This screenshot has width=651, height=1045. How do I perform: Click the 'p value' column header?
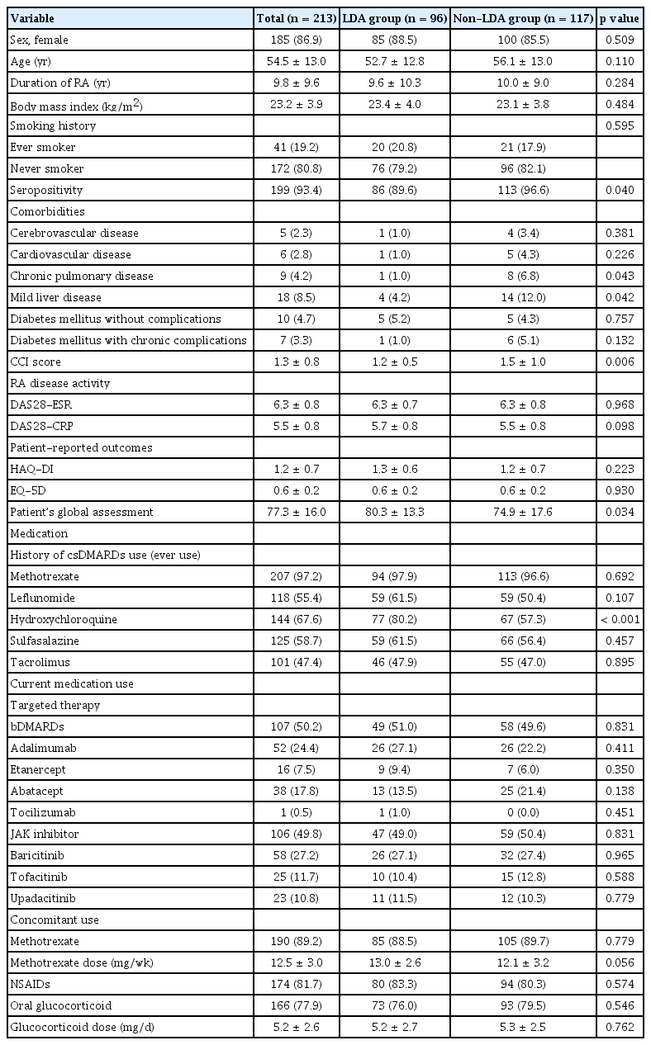pos(620,16)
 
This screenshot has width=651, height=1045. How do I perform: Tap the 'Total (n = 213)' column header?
pos(293,16)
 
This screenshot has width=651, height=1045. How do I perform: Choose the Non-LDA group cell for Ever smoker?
pos(523,148)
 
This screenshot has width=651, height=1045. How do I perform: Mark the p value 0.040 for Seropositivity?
pos(620,191)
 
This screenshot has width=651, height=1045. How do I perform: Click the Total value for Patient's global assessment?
pos(293,513)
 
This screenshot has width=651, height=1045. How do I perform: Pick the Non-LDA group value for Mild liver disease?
pos(523,298)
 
